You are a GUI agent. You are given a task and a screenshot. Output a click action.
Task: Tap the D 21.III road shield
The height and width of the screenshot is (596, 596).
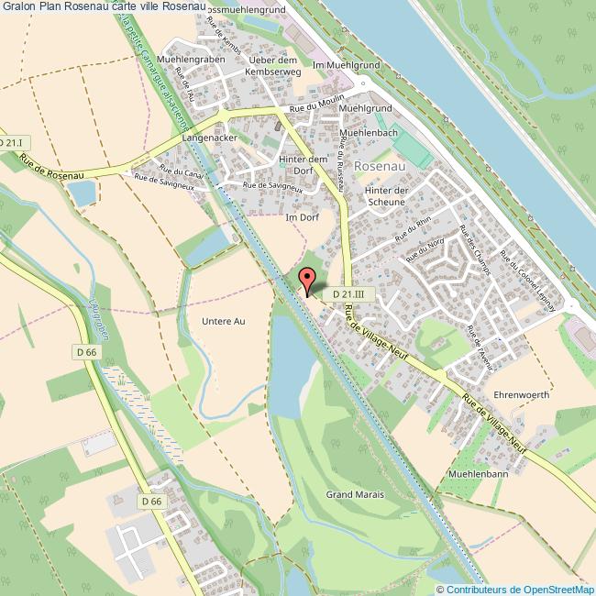348,292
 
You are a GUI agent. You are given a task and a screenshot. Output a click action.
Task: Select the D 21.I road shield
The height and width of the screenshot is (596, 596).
11,143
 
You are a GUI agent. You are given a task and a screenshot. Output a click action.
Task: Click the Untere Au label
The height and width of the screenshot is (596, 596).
223,321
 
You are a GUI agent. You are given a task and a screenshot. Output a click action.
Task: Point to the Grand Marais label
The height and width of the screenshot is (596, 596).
355,494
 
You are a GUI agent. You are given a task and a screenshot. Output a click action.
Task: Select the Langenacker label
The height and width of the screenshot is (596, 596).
210,138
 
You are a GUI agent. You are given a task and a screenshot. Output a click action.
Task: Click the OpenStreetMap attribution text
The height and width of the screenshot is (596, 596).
516,589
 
